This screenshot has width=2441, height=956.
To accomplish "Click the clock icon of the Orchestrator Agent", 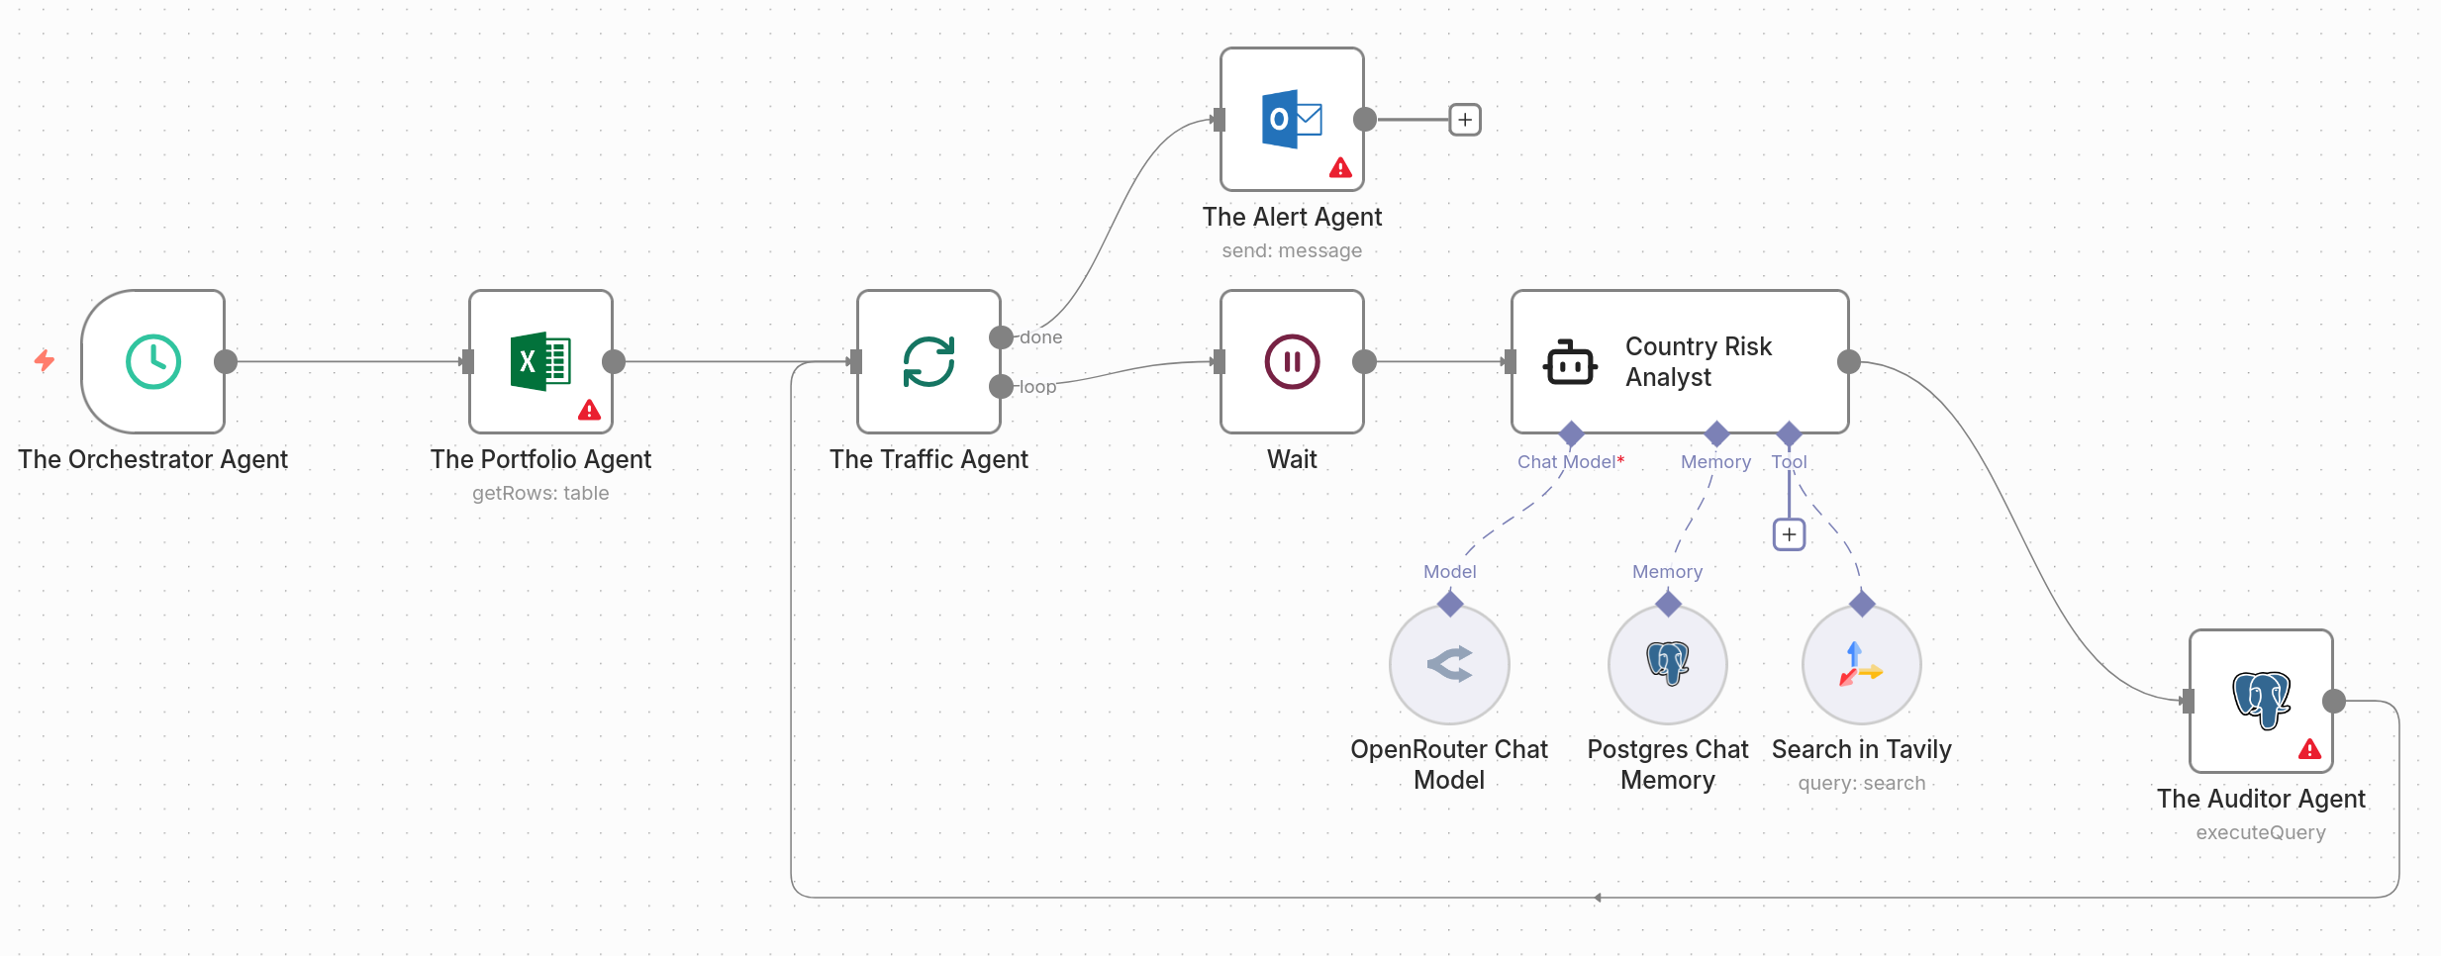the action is [153, 361].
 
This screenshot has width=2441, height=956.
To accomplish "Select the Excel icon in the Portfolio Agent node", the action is [540, 361].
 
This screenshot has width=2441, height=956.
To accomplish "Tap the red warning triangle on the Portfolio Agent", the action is [590, 410].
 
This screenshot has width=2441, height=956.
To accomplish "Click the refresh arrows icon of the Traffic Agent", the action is [928, 361].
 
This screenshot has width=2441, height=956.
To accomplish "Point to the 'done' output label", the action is [1041, 337].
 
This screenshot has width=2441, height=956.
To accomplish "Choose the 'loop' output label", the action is [1037, 387].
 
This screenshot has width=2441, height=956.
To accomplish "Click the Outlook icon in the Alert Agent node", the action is [1292, 120].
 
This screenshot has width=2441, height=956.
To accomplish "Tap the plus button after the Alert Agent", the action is [1465, 120].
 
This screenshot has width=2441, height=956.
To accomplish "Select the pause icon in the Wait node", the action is [1292, 361].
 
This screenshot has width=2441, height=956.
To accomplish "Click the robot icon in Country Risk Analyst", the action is [1570, 362].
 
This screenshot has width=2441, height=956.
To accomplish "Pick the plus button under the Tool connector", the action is [1789, 535].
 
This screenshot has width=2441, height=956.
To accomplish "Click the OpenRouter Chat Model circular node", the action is [1449, 664].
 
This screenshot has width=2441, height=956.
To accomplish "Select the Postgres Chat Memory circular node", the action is [1668, 664].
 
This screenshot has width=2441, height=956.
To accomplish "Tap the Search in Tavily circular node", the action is [1862, 664].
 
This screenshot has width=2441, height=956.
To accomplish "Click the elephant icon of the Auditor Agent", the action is [2262, 700].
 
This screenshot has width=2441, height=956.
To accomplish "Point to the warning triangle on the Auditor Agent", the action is [2310, 749].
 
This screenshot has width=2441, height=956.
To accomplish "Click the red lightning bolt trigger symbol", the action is [45, 360].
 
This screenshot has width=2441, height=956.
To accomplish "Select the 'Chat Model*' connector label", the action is [1571, 462].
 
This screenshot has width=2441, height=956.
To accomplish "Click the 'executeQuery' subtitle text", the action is [2261, 832].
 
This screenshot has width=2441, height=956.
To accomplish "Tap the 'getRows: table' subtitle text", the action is [540, 493].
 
